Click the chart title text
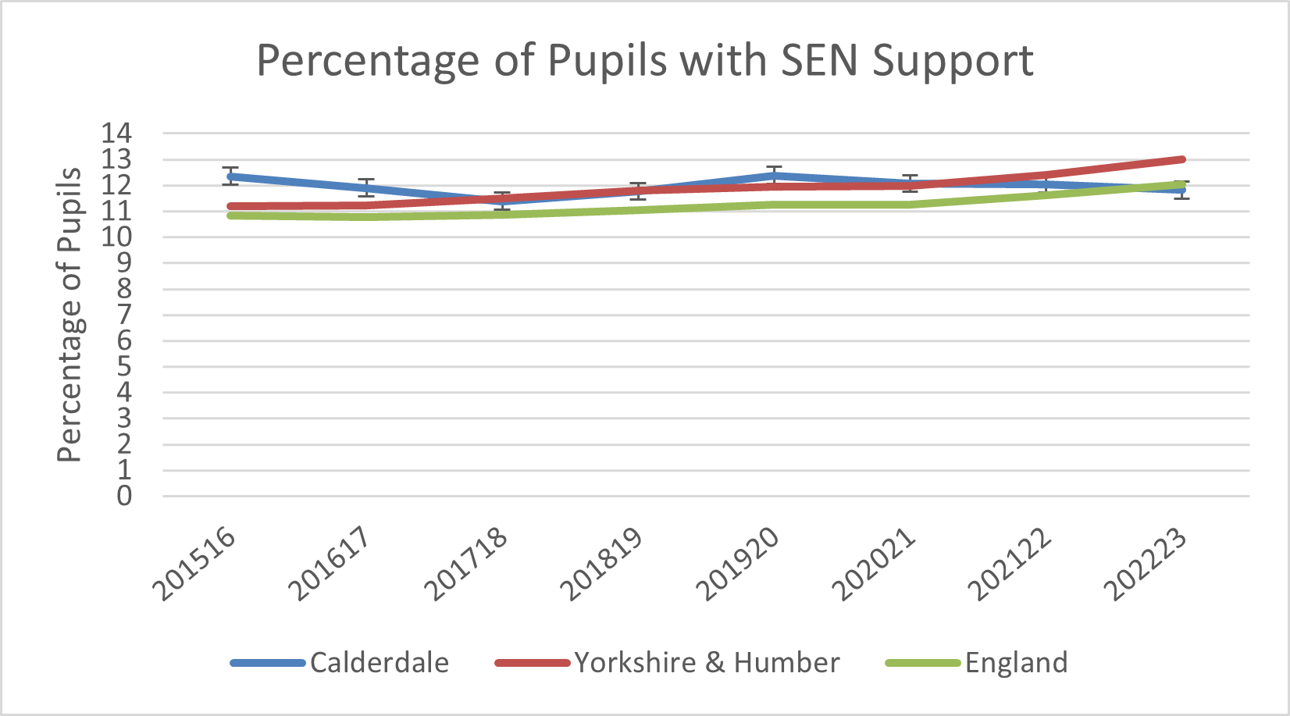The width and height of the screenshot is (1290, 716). coord(645,60)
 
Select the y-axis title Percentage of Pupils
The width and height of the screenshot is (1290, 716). coord(69,314)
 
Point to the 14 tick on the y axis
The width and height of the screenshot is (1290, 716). coord(116,134)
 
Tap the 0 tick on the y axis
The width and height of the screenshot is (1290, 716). coord(124,496)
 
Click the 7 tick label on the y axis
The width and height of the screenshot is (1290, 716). coord(124,315)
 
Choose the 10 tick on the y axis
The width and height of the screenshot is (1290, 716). coord(116,237)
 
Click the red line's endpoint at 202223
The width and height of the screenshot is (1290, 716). coord(1182,159)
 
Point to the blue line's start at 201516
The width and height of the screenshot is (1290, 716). coord(230,176)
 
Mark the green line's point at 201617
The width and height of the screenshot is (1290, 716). coord(366,217)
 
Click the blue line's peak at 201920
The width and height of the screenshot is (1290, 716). coord(774,175)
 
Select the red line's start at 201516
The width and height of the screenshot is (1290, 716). coord(230,207)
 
